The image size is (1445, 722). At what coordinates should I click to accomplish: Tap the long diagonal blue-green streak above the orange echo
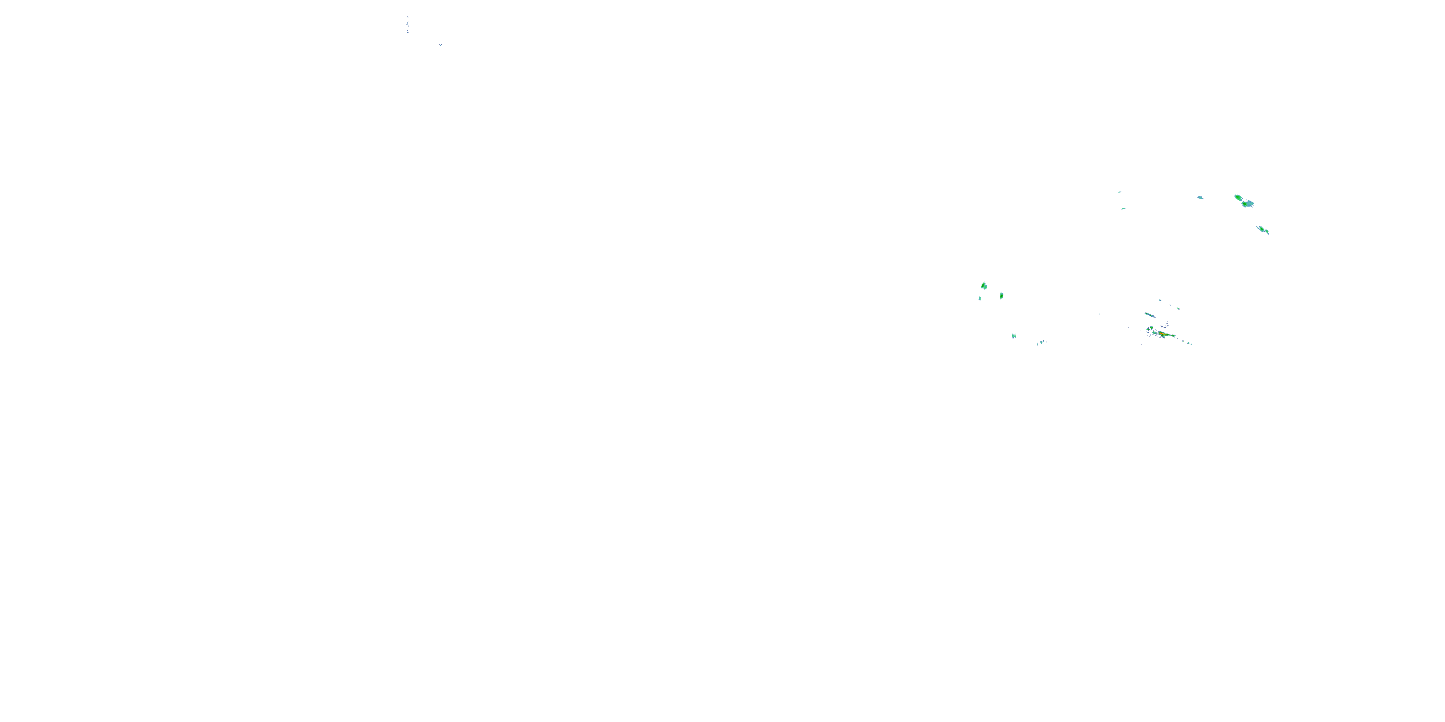(1150, 315)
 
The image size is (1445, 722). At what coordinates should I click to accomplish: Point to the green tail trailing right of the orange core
(1171, 336)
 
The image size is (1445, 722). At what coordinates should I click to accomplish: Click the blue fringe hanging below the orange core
(1160, 338)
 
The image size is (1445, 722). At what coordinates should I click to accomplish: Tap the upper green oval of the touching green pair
(1238, 197)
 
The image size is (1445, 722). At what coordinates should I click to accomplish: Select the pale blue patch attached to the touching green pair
(1250, 202)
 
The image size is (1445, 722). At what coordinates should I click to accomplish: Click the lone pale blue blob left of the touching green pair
(1200, 197)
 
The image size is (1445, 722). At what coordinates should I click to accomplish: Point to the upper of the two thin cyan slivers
(1119, 192)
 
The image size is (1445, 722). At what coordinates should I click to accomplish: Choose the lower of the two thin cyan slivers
(1123, 208)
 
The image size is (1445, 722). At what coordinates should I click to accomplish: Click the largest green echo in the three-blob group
(984, 286)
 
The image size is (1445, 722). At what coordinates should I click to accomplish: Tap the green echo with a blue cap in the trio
(1001, 296)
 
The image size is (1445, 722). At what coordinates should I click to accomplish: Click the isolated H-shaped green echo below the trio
(1013, 336)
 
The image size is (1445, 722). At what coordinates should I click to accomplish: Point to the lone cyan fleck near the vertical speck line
(440, 45)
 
